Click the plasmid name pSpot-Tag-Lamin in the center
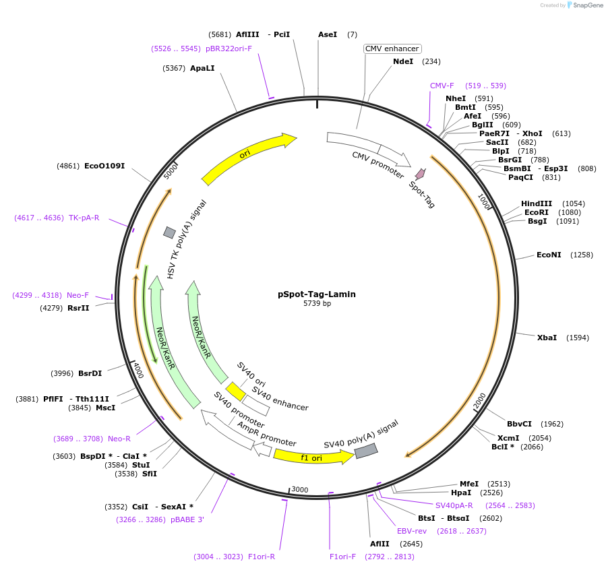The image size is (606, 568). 316,294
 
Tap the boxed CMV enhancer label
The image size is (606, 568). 392,49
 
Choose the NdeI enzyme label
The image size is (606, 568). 403,61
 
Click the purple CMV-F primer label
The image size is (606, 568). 442,86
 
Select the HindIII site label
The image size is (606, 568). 536,203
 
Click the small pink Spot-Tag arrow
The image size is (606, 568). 420,174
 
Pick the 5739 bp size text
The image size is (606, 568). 317,304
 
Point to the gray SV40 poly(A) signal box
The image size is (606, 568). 366,451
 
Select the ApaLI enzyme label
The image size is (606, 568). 202,68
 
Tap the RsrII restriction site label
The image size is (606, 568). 78,308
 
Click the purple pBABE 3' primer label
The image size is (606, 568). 187,519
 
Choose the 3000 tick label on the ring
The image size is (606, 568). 299,490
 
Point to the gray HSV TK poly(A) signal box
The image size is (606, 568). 169,232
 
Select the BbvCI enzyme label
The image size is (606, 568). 519,424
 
